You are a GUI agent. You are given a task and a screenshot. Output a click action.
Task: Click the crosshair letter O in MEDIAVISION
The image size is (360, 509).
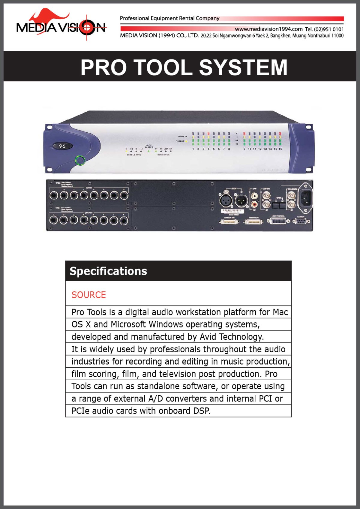click(x=87, y=28)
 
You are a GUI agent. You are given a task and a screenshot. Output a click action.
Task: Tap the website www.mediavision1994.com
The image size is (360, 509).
click(x=268, y=29)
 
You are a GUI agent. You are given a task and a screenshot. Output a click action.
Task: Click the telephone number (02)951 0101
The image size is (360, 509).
click(x=328, y=29)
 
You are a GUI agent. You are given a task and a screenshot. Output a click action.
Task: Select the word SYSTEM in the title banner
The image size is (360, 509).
click(x=243, y=67)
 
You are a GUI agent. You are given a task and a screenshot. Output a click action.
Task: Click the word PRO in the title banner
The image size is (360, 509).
click(x=103, y=67)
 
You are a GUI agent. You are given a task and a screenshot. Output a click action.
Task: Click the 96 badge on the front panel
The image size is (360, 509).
click(x=62, y=146)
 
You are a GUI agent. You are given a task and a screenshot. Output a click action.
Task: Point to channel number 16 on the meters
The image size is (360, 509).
click(x=280, y=149)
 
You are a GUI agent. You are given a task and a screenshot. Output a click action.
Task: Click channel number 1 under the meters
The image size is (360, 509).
click(x=193, y=149)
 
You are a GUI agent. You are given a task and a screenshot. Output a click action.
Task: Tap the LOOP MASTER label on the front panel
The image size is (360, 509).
click(x=149, y=146)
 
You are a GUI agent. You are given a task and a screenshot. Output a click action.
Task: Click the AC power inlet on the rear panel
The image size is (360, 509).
click(x=305, y=198)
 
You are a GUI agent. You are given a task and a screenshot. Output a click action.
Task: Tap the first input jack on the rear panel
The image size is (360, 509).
click(x=54, y=196)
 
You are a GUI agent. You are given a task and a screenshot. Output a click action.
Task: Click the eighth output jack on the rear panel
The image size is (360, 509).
click(x=124, y=221)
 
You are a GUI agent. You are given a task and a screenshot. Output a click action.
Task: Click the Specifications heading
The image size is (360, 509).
click(x=108, y=271)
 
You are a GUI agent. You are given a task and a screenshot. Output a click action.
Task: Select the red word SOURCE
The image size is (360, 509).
click(x=89, y=295)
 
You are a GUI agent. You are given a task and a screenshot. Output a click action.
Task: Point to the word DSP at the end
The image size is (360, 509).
click(x=202, y=411)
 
